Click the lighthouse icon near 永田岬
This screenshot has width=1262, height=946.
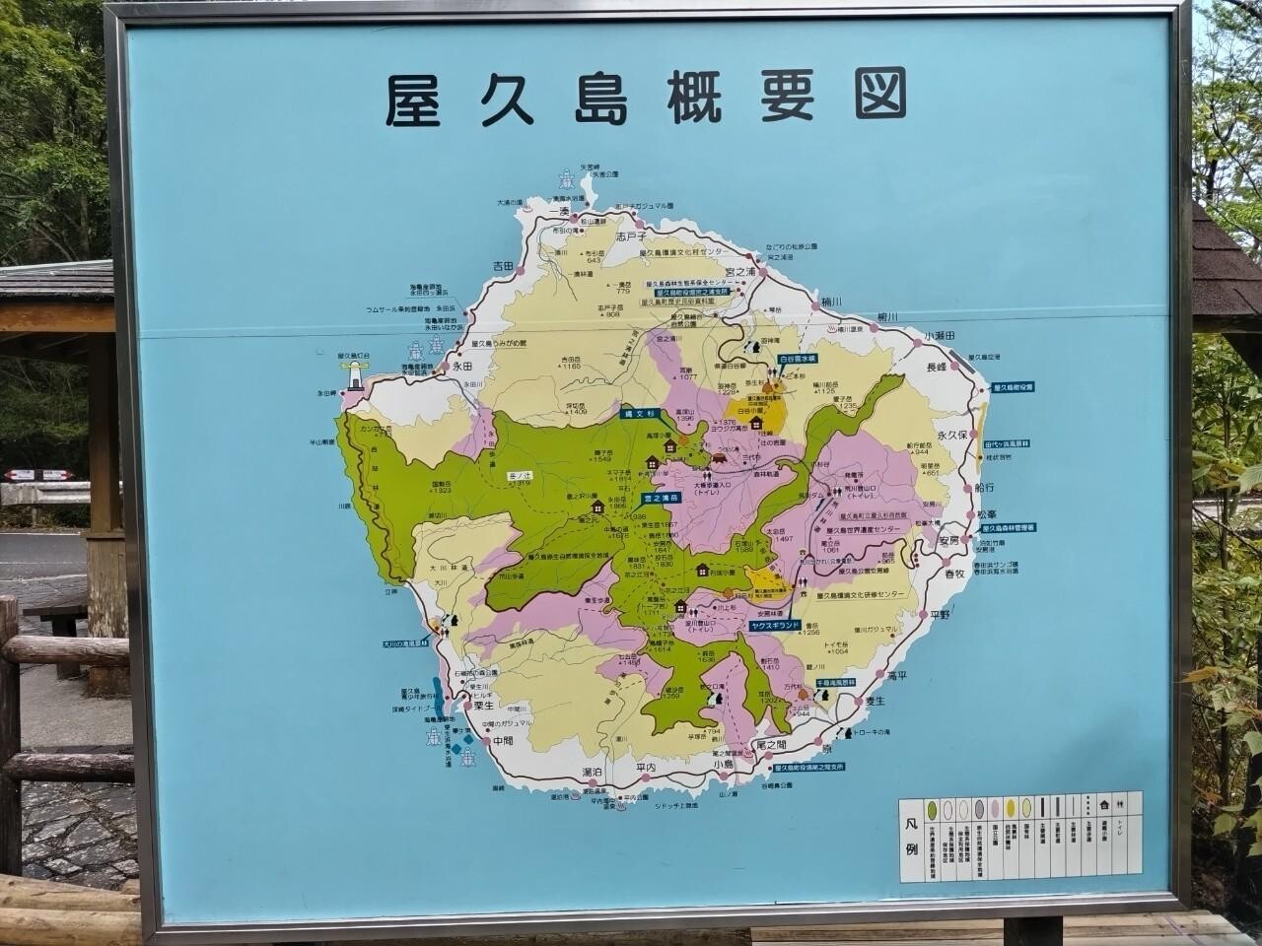[353, 373]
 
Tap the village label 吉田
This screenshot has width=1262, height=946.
[505, 267]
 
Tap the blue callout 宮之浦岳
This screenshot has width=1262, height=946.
[664, 499]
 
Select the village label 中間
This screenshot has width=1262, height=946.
[504, 740]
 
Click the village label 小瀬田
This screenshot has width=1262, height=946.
[942, 336]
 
